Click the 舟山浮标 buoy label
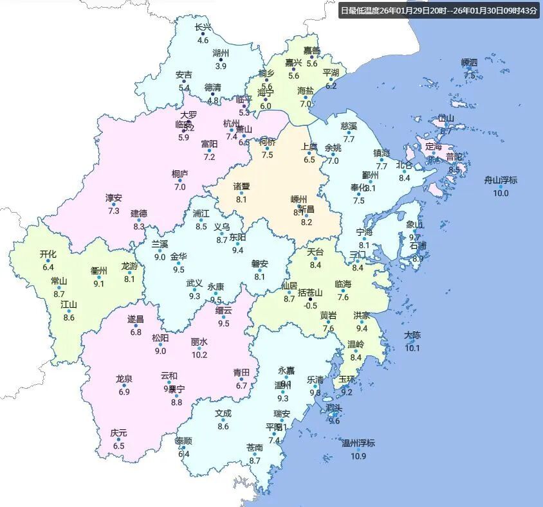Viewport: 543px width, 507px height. point(501,180)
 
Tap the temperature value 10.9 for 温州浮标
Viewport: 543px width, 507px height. point(358,456)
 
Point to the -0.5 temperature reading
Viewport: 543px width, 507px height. point(311,305)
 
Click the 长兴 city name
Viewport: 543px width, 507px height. point(203,28)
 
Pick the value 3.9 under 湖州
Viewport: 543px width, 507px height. point(221,66)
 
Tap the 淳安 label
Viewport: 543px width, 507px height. point(114,198)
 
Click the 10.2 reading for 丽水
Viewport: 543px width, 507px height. point(199,355)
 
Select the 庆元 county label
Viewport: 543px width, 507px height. point(118,433)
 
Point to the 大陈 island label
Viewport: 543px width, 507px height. point(412,335)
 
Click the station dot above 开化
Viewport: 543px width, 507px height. point(48,261)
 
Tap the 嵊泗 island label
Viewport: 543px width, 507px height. point(470,62)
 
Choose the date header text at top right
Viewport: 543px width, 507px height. point(438,10)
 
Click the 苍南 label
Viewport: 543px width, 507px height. point(254,447)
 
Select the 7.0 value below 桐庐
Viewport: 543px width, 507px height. point(179,187)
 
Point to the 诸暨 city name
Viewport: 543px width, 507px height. point(241,186)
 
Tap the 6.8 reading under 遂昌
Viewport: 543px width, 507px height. point(135,332)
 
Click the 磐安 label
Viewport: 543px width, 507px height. point(259,263)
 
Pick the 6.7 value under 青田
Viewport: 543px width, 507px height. point(241,386)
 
